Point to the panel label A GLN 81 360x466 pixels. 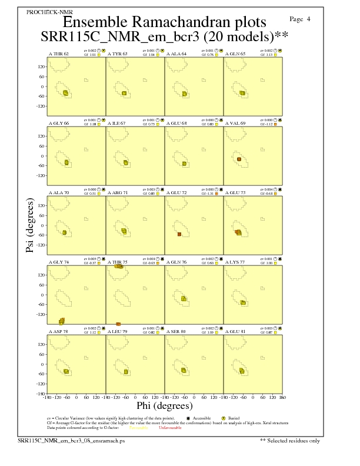236,331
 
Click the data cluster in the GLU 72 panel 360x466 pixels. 179,234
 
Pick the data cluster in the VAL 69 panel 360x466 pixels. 239,159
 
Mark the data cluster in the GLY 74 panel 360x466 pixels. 62,321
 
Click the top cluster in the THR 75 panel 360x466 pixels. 119,267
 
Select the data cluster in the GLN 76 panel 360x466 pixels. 184,299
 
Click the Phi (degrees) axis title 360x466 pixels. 164,406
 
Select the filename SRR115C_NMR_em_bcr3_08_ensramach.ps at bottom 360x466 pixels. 71,440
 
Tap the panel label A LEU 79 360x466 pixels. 118,331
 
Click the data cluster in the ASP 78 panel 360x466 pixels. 66,371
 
